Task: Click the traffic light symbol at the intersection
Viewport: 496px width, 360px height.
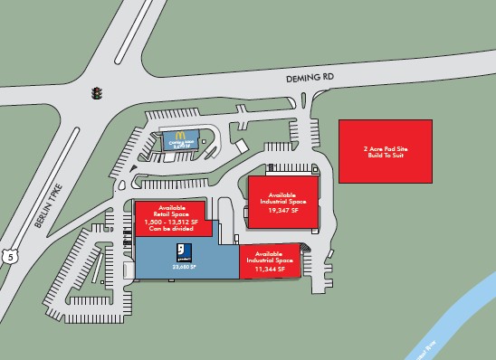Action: pos(96,92)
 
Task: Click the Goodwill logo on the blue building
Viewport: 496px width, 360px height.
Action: pos(180,251)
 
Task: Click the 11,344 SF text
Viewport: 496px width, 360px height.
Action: pos(270,269)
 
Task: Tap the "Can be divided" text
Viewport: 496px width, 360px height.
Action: pos(172,228)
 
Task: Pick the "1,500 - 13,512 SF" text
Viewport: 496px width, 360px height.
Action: pos(172,222)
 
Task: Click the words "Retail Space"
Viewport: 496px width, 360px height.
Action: pos(172,214)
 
